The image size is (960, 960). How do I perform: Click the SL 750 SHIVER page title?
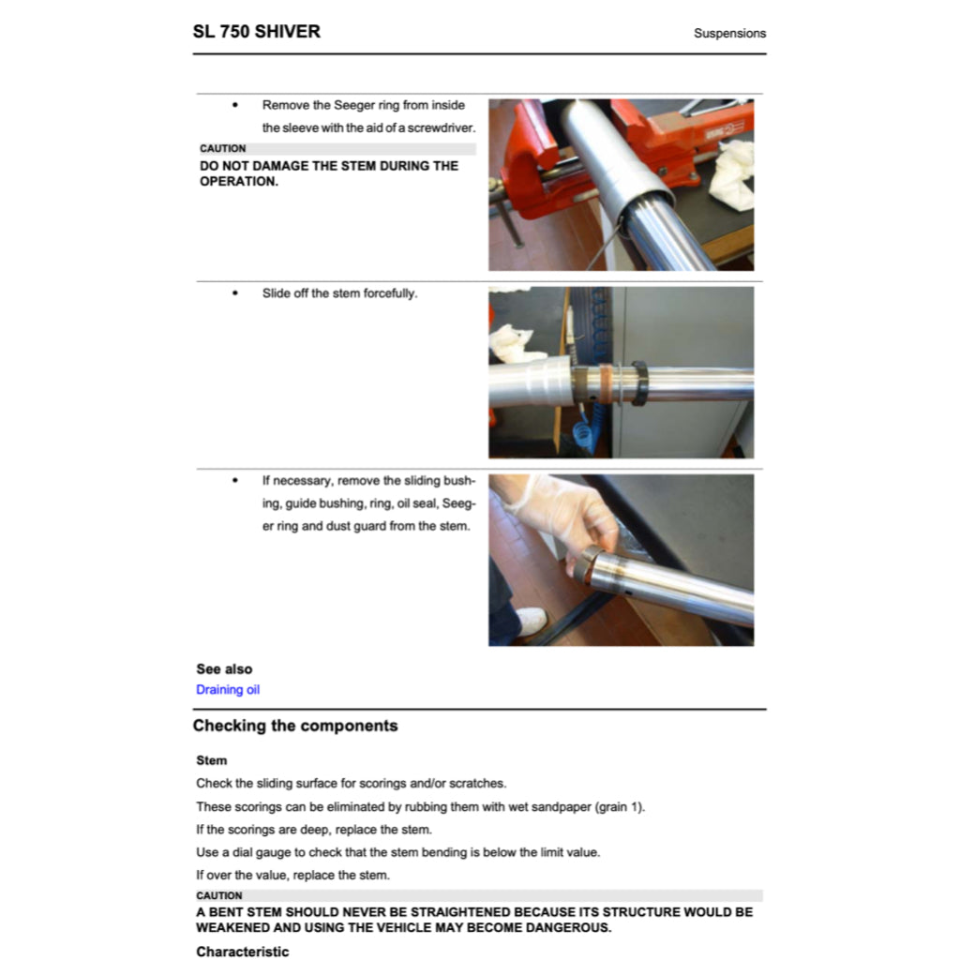[x=256, y=31]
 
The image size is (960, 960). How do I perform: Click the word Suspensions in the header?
[x=729, y=33]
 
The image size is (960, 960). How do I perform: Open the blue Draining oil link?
[x=228, y=690]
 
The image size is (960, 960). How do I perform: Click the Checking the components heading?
[x=295, y=726]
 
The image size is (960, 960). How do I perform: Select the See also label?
[x=224, y=669]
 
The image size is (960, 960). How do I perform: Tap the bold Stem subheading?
[x=212, y=760]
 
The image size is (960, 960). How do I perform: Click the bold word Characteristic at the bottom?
[x=242, y=952]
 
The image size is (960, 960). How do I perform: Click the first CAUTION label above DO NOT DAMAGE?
[x=223, y=149]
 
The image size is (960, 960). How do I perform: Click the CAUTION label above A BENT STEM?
[x=219, y=895]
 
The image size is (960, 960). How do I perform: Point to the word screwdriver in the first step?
[x=441, y=128]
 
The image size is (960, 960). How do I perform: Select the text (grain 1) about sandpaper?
[x=620, y=807]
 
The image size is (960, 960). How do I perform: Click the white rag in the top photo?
[x=734, y=173]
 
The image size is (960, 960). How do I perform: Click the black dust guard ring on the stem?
[x=640, y=382]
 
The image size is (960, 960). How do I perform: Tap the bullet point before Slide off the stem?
[x=235, y=293]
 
